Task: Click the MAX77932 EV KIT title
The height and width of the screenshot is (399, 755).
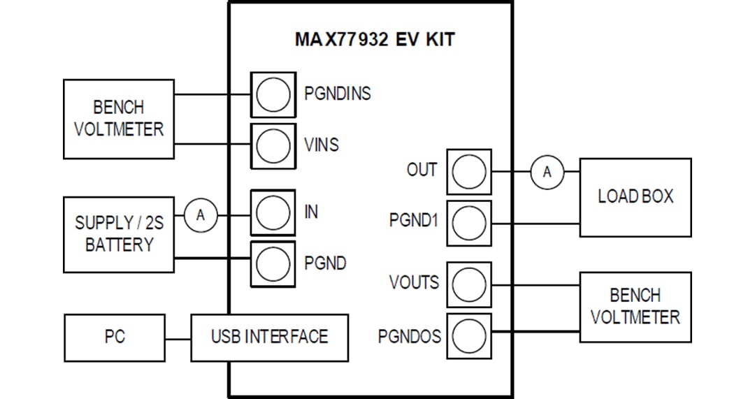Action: coord(374,39)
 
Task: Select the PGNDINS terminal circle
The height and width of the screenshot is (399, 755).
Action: coord(273,94)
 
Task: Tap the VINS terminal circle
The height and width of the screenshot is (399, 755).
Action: coord(273,145)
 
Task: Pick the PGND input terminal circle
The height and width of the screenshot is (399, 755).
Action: coord(273,263)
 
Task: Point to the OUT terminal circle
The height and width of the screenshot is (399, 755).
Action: coord(468,171)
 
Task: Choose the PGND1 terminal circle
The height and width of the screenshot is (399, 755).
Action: coord(468,223)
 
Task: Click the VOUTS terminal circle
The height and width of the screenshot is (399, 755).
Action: coord(468,284)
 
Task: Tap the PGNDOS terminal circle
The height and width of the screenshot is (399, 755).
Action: coord(468,335)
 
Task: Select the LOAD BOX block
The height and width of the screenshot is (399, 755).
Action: coord(635,197)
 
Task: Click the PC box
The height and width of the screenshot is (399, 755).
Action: coord(115,338)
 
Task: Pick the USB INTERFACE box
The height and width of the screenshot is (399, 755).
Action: coord(269,338)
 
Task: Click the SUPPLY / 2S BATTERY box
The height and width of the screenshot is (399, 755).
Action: coord(119,234)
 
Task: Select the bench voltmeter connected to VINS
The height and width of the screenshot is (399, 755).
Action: coord(119,119)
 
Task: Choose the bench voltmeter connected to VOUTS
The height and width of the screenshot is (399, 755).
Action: coord(635,307)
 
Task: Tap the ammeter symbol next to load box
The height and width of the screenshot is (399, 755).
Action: coord(547,172)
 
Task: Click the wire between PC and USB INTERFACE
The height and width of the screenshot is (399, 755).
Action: coord(178,339)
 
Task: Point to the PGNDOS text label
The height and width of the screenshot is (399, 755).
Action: coord(410,337)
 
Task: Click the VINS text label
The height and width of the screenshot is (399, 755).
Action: coord(322,145)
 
